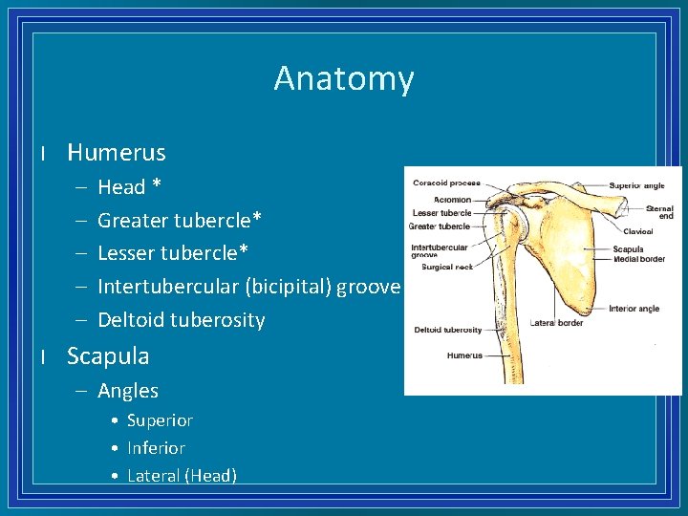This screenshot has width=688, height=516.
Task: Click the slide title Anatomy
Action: tap(344, 78)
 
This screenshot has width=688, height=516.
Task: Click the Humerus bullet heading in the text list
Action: tap(116, 153)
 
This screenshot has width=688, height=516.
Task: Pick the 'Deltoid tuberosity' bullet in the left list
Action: tap(181, 320)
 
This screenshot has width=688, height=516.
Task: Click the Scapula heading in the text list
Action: tap(108, 356)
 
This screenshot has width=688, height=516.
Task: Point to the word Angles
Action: tap(128, 391)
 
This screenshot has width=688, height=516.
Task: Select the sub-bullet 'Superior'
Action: tap(160, 420)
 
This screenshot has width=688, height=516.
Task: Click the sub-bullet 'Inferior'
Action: tap(156, 448)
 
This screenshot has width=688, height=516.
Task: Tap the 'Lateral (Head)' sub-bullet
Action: tap(182, 476)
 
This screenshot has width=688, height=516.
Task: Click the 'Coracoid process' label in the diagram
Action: tap(446, 183)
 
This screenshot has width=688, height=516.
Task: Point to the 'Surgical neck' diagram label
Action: tap(441, 268)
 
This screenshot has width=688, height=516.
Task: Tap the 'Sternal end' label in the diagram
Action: tap(659, 212)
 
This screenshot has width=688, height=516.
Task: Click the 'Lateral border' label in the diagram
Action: tap(556, 323)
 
